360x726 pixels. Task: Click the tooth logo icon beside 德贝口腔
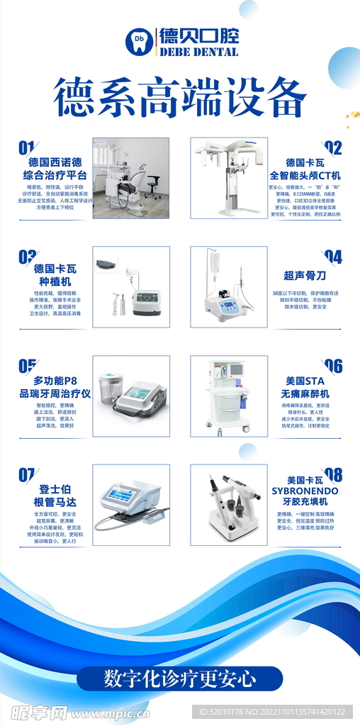(x=140, y=40)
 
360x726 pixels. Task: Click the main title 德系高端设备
(x=180, y=99)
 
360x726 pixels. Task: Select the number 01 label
(x=26, y=147)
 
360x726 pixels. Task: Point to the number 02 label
(x=333, y=147)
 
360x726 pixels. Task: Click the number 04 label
(x=333, y=257)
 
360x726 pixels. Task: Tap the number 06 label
(x=333, y=366)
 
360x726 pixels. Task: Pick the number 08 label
(x=333, y=474)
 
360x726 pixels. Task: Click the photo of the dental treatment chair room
(x=131, y=177)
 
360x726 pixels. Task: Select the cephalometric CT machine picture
(x=228, y=177)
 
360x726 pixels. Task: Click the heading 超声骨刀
(x=305, y=277)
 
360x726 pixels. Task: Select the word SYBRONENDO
(x=305, y=491)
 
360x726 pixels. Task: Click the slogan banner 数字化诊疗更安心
(x=180, y=678)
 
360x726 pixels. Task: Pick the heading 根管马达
(x=55, y=502)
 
